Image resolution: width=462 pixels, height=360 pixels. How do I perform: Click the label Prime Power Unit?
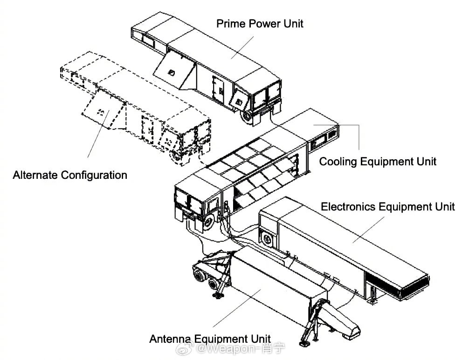pyautogui.click(x=260, y=24)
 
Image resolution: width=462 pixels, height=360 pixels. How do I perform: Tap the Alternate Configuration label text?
pyautogui.click(x=70, y=175)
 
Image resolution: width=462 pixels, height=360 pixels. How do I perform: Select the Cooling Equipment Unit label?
pyautogui.click(x=378, y=162)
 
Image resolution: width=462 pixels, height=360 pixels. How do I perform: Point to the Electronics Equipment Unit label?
pyautogui.click(x=388, y=207)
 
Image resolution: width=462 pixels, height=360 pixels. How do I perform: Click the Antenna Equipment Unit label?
pyautogui.click(x=210, y=339)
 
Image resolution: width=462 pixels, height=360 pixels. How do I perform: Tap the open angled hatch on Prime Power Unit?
pyautogui.click(x=174, y=69)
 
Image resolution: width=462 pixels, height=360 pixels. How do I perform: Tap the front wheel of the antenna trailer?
pyautogui.click(x=200, y=276)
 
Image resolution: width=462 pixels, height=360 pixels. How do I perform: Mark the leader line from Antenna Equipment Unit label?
pyautogui.click(x=237, y=308)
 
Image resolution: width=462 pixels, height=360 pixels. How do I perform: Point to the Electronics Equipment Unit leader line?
pyautogui.click(x=369, y=230)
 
